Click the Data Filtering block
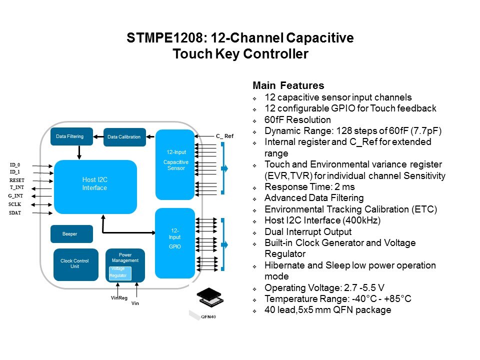click(x=71, y=136)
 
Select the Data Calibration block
click(x=124, y=137)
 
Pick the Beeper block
click(x=71, y=234)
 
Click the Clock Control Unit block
click(x=75, y=264)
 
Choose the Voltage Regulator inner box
click(x=120, y=273)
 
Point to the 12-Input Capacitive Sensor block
click(x=174, y=164)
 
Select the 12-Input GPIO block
click(x=174, y=242)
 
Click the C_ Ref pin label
click(x=224, y=136)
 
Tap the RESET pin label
click(x=17, y=180)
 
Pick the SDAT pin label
click(x=15, y=212)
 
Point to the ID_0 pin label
click(x=15, y=164)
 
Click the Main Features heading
click(x=288, y=85)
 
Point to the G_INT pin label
click(x=16, y=196)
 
